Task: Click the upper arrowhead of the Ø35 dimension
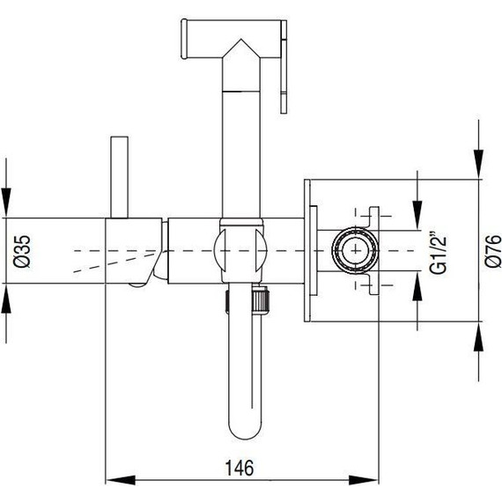point(7,203)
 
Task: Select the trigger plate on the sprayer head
point(284,66)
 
